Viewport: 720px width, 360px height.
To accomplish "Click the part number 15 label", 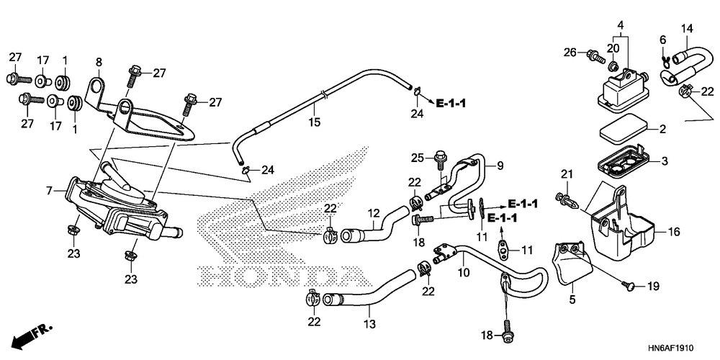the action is point(315,122).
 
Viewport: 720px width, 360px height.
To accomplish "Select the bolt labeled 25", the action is point(440,159).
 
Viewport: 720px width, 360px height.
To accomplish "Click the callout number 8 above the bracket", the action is point(98,61).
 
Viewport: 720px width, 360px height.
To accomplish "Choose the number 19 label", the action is point(653,287).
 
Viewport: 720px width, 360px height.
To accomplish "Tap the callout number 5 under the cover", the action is point(572,300).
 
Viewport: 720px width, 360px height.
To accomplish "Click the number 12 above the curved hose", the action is point(374,213).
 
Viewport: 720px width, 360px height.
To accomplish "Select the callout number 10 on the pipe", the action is point(464,273).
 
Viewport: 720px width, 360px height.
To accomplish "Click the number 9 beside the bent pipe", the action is point(500,164).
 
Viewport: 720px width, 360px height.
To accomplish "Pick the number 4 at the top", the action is point(621,24).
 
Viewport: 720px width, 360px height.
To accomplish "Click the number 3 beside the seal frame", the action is point(665,161).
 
